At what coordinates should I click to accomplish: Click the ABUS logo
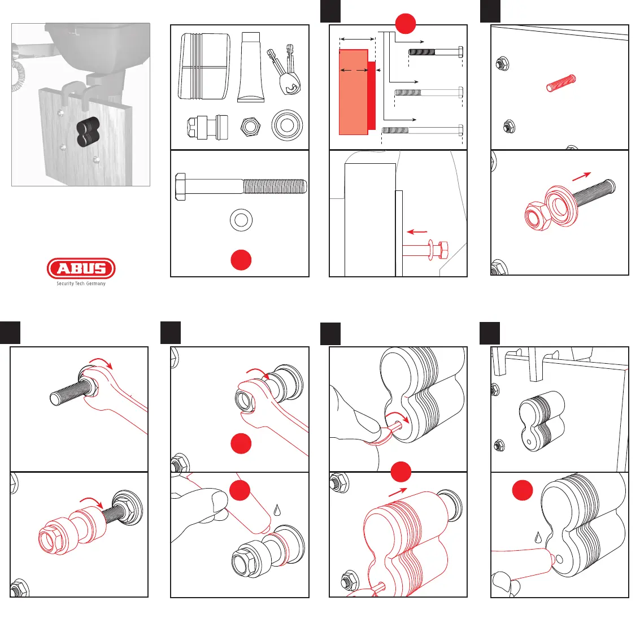(x=81, y=269)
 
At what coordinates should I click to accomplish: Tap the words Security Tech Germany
(x=81, y=284)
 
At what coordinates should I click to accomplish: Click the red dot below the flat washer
(x=241, y=259)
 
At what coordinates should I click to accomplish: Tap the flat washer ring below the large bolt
(x=241, y=219)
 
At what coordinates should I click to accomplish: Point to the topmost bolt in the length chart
(x=436, y=53)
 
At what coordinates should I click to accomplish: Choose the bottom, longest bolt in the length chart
(x=422, y=130)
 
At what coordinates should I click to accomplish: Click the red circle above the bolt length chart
(x=405, y=24)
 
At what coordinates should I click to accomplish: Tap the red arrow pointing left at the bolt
(x=417, y=232)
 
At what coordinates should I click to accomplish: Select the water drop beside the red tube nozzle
(x=277, y=509)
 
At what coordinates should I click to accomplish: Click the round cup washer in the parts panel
(x=287, y=125)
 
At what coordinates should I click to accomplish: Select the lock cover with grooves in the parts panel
(x=204, y=67)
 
